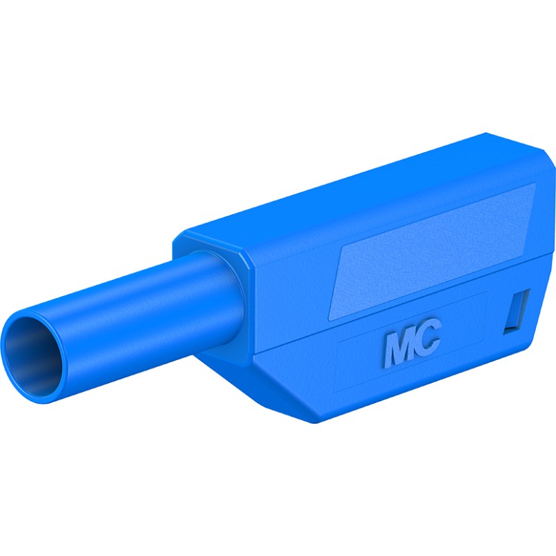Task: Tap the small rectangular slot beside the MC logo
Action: [517, 311]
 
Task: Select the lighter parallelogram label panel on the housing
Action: [432, 252]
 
